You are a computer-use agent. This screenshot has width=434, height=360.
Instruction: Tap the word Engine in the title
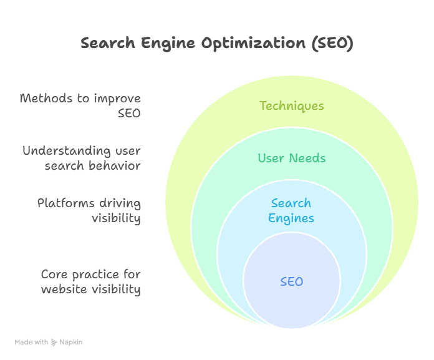(x=163, y=44)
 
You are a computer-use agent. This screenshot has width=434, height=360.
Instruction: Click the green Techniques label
(x=292, y=105)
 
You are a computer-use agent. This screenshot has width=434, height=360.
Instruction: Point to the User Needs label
(x=292, y=158)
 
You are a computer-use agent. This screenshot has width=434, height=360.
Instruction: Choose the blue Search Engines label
(x=291, y=211)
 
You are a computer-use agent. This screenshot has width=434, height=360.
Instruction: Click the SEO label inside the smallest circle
(x=292, y=281)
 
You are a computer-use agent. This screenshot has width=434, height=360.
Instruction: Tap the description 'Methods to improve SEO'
(x=80, y=106)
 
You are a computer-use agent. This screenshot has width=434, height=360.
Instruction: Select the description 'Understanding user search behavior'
(x=82, y=158)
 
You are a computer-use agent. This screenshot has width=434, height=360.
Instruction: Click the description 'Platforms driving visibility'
(x=89, y=211)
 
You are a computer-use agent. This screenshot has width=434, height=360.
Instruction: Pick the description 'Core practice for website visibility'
(x=91, y=282)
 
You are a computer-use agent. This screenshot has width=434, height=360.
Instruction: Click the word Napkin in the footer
(x=71, y=343)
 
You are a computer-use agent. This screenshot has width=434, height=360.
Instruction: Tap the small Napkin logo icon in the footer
(x=54, y=343)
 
